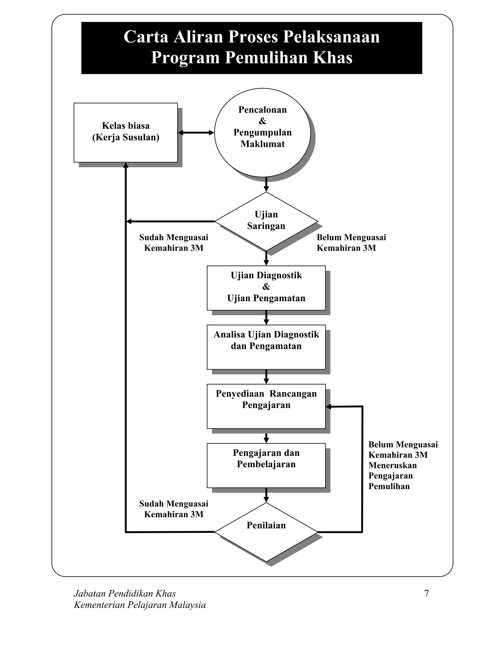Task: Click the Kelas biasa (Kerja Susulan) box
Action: point(126,133)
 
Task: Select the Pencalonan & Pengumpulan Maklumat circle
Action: point(262,133)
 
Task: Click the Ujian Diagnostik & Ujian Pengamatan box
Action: point(266,288)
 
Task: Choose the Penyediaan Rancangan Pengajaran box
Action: point(266,406)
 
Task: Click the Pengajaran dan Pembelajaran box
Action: point(266,465)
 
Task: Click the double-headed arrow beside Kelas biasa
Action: point(196,133)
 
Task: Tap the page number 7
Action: point(426,593)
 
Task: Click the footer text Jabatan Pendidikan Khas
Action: point(125,594)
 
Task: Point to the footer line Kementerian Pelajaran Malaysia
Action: point(140,605)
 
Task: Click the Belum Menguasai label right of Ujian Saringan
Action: point(351,238)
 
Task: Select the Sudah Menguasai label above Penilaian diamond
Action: point(174,504)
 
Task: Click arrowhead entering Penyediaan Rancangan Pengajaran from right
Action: point(328,407)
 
